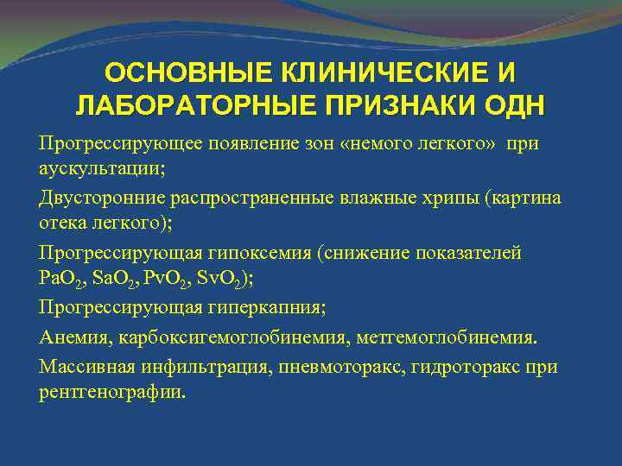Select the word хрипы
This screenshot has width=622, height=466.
[451, 198]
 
